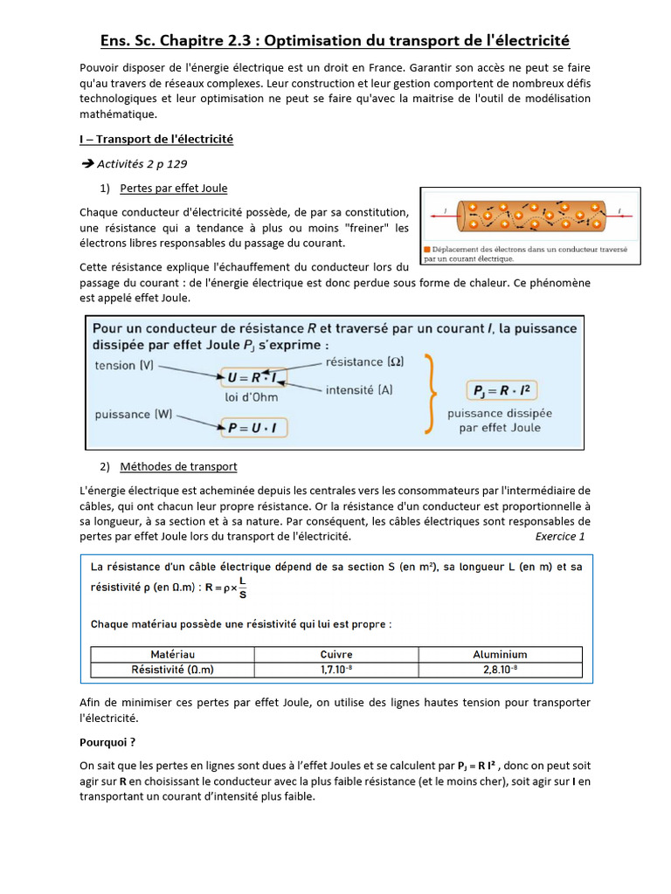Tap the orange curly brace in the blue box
point(428,394)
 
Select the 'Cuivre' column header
point(336,654)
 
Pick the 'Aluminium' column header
point(500,654)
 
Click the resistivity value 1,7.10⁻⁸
point(336,670)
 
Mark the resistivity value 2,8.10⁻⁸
point(500,670)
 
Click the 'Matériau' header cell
point(173,654)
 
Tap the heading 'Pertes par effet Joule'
point(174,189)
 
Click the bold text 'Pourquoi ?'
point(107,742)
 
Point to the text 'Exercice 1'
point(560,536)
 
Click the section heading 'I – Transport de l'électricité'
point(156,139)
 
